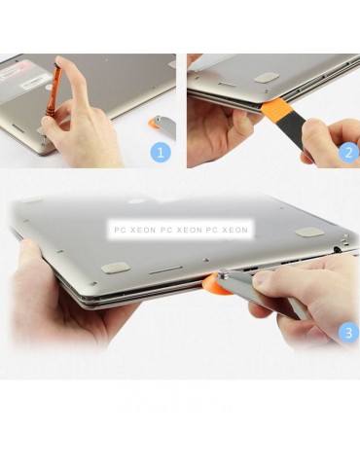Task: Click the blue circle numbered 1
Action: point(161,153)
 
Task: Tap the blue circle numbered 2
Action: point(348,153)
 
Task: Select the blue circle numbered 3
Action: point(348,333)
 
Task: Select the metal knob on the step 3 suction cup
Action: point(224,274)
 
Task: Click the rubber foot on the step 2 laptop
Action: point(267,78)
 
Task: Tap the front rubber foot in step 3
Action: point(115,268)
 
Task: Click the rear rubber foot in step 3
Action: point(309,232)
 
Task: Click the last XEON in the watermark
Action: point(234,231)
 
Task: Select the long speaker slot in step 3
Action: point(165,270)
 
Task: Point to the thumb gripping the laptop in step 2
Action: point(240,122)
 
